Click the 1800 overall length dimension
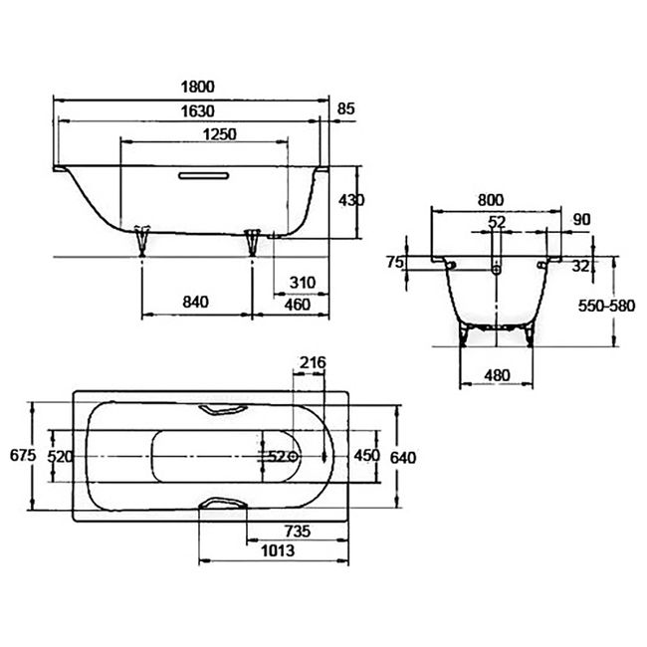click(198, 87)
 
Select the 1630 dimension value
click(198, 111)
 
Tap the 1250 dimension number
click(220, 134)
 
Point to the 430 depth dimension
click(351, 200)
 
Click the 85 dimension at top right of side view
click(345, 108)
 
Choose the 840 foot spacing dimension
click(195, 302)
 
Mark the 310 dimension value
click(303, 283)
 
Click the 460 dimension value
click(297, 305)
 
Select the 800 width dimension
click(491, 200)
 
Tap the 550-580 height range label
click(606, 306)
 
